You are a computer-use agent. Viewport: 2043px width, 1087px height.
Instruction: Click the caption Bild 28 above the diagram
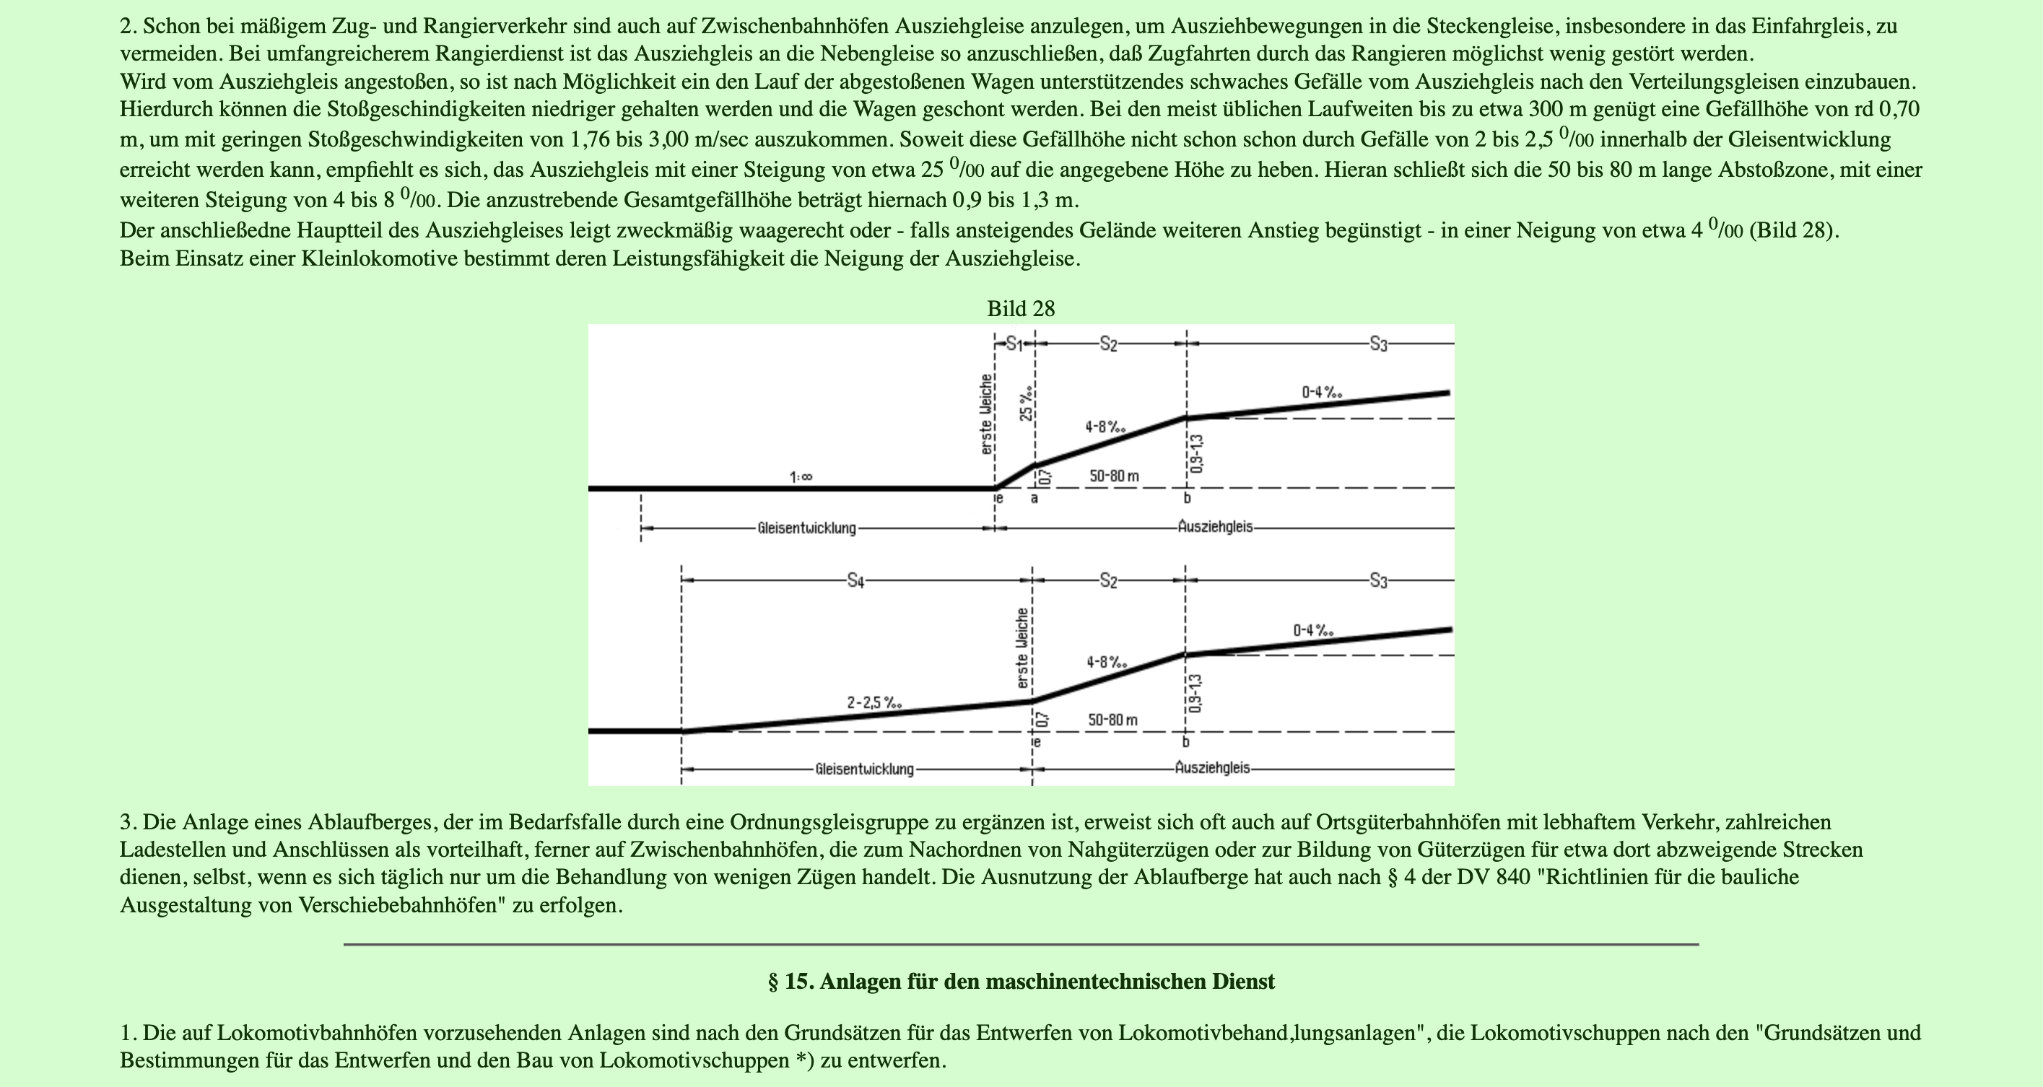tap(1021, 309)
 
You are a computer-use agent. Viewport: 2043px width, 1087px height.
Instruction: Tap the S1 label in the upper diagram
tap(1014, 344)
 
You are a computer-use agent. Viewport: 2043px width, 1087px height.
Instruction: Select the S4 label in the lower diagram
tap(855, 581)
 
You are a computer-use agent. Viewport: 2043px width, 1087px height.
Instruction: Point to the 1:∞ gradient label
tap(800, 477)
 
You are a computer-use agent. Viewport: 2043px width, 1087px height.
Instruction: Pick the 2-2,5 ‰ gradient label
tap(874, 702)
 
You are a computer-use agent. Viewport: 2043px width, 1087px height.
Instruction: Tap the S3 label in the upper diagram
tap(1378, 344)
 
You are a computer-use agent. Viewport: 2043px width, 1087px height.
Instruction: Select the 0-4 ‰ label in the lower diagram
tap(1313, 631)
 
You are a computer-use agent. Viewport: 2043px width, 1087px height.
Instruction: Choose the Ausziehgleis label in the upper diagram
tap(1215, 526)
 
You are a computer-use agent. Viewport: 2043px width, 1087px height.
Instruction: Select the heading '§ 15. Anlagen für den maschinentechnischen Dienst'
tap(1021, 982)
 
